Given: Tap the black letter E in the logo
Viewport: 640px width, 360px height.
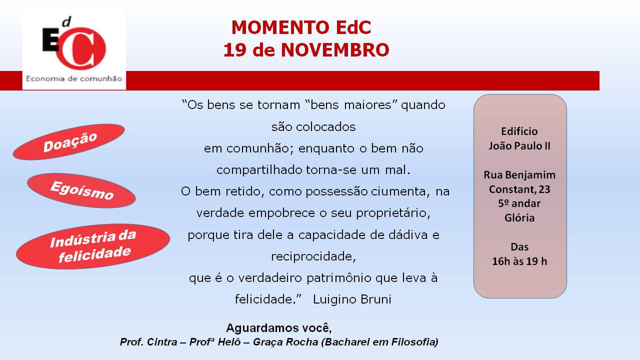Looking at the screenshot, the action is tap(50, 39).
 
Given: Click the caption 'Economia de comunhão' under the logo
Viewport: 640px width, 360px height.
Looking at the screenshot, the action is tap(74, 78).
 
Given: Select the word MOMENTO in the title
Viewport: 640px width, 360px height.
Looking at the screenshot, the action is tap(280, 27).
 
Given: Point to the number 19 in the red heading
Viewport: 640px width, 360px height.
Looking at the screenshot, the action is tap(235, 50).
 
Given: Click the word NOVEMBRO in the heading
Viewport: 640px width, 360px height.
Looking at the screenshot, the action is tap(335, 50).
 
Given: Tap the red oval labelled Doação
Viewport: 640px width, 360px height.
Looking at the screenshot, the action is tap(68, 141).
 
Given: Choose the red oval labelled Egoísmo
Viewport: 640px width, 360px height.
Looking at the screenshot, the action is tap(81, 190).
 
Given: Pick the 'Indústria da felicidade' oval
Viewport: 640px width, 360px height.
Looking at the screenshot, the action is tap(93, 246).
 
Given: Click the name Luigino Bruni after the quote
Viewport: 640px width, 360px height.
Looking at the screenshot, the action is tap(352, 299).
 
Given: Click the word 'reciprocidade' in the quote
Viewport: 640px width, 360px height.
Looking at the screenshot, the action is tap(313, 256).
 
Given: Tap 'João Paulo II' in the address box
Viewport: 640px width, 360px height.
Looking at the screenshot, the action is tap(519, 145).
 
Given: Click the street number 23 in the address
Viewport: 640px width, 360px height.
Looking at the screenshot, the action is tap(544, 189).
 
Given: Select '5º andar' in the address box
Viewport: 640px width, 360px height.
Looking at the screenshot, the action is tap(519, 203).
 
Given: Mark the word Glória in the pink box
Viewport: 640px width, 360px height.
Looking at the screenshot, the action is tap(519, 218).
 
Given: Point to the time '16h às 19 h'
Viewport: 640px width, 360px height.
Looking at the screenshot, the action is tap(519, 261).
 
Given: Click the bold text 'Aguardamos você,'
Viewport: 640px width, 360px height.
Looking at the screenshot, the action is tap(279, 328).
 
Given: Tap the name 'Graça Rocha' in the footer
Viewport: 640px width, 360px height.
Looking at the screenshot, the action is tap(285, 342).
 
